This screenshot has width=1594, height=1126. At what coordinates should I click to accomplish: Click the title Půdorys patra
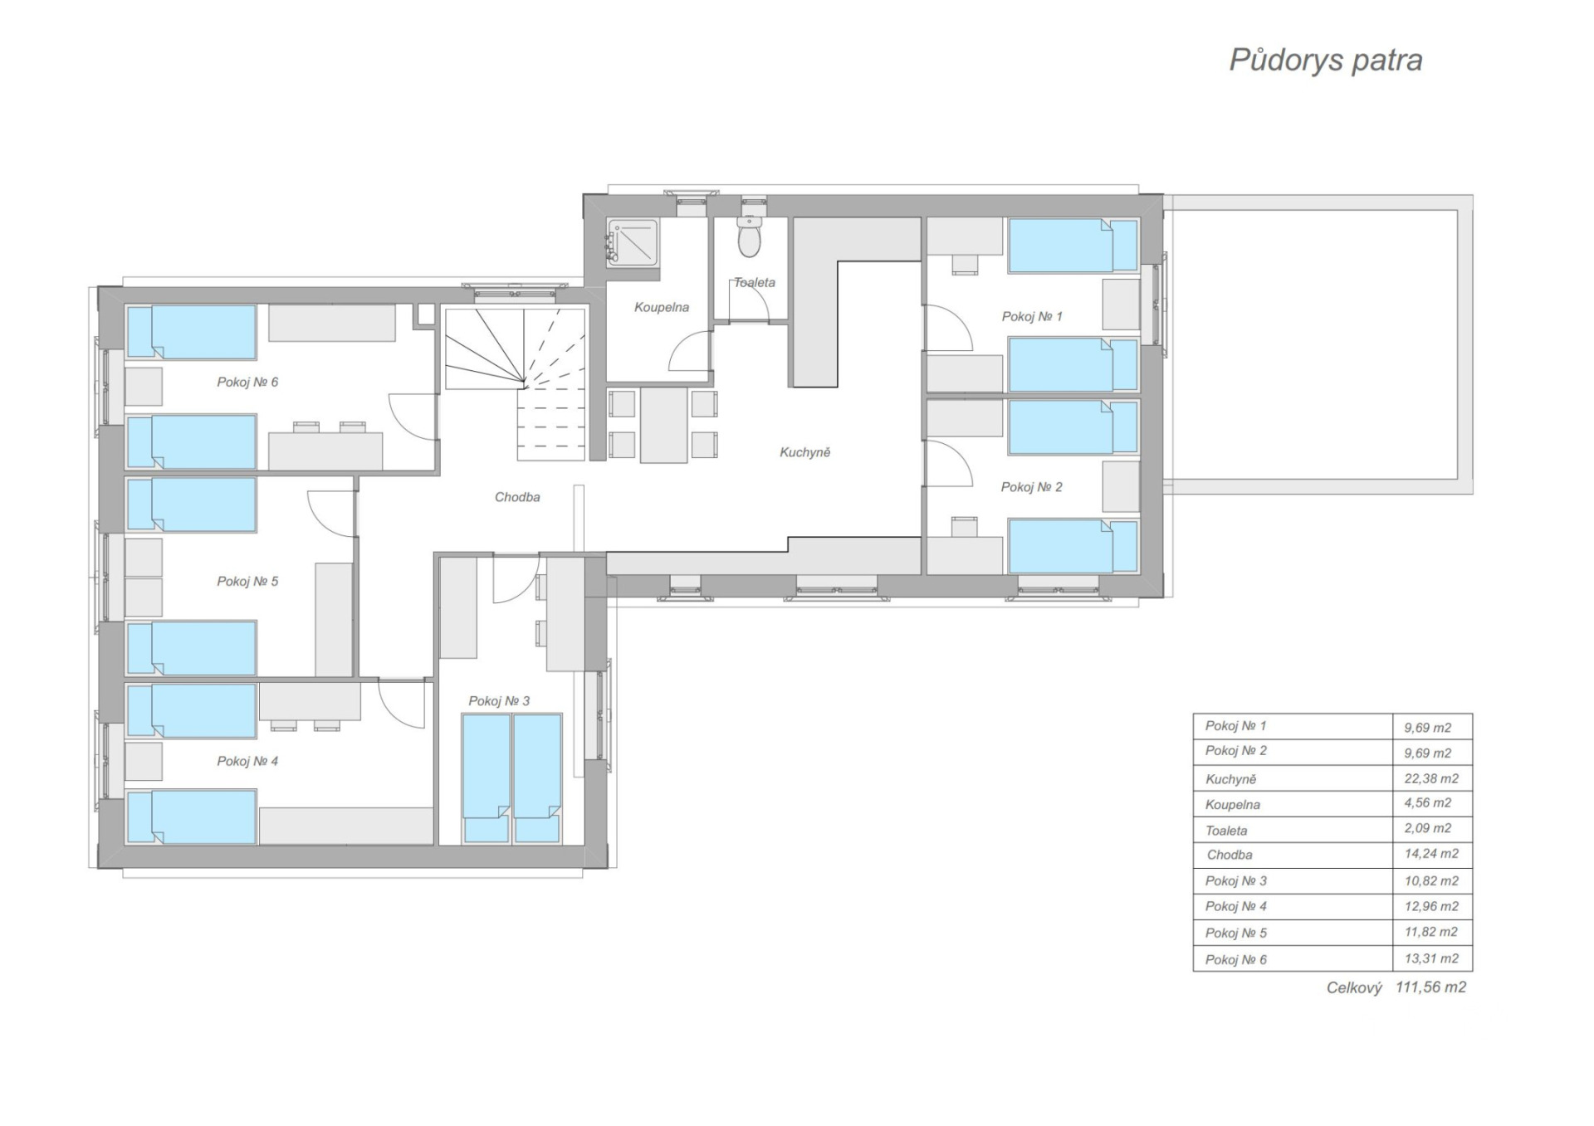tap(1326, 61)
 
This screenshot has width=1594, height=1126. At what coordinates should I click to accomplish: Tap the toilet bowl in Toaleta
tap(750, 238)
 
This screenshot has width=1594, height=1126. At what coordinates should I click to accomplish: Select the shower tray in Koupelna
tap(632, 242)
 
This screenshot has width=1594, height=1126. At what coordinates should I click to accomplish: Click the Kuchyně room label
tap(804, 453)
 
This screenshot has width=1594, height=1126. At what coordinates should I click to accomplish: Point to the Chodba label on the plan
tap(517, 497)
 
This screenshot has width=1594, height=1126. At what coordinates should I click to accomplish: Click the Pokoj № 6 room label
tap(247, 383)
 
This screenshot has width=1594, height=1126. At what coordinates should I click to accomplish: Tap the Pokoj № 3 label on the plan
tap(499, 701)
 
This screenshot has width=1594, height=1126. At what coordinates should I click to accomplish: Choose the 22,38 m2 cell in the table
tap(1431, 778)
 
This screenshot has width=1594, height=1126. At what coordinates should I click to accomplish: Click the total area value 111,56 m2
tap(1430, 987)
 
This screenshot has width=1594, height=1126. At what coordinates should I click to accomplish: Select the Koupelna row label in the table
tap(1233, 805)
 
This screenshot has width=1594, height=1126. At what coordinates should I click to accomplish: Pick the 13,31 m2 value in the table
tap(1431, 958)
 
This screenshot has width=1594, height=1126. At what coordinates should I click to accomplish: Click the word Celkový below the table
tap(1354, 988)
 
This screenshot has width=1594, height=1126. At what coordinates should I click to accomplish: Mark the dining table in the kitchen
tap(663, 424)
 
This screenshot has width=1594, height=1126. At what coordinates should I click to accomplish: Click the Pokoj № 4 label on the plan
tap(247, 762)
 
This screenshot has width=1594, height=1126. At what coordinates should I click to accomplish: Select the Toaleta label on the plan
tap(755, 283)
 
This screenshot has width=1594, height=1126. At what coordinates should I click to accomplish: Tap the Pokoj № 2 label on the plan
tap(1031, 487)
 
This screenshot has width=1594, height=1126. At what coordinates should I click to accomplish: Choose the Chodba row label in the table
tap(1230, 855)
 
